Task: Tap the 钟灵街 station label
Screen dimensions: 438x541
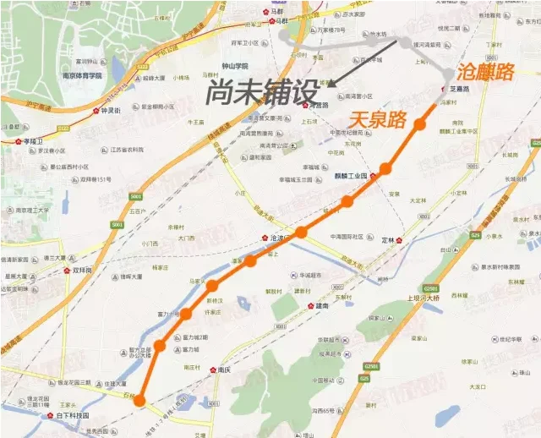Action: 112,111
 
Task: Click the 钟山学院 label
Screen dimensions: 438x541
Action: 231,66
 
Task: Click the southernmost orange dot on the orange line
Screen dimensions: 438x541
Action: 140,401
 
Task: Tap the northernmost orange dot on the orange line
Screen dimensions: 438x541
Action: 419,125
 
